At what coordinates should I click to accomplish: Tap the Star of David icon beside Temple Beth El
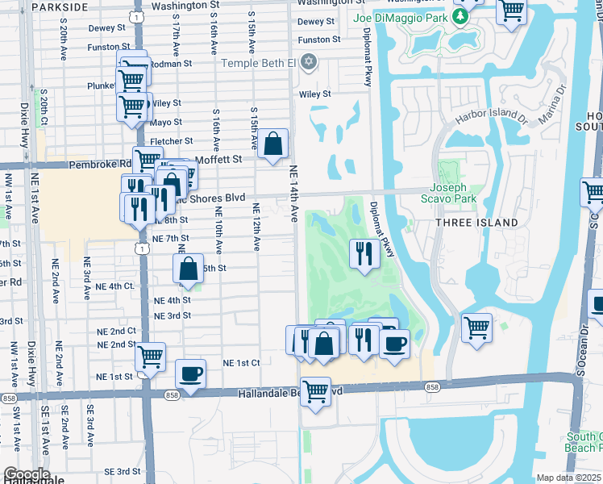coord(308,62)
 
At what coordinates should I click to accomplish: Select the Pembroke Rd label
coord(106,163)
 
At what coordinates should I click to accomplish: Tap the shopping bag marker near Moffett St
coord(274,144)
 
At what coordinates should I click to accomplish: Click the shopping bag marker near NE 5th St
coord(189,269)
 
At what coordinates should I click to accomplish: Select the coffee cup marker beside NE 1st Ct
coord(190,373)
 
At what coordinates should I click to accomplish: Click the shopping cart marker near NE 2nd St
coord(150,356)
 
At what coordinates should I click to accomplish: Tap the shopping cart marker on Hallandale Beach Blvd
coord(315,392)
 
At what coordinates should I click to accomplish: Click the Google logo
coord(26,474)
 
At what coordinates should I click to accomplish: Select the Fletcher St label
coord(171,141)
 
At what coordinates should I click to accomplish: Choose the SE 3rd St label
coord(122,471)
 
